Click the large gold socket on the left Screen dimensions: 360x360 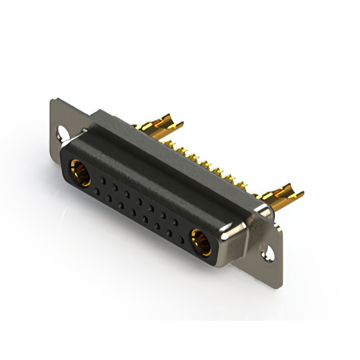click(x=80, y=173)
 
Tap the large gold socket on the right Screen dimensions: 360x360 click(x=201, y=240)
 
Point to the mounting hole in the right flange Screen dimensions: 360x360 click(x=270, y=251)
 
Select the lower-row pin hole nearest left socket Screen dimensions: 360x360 click(x=98, y=191)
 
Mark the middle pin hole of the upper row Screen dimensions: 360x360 click(x=139, y=200)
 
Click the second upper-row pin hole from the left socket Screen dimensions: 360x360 click(x=114, y=186)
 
